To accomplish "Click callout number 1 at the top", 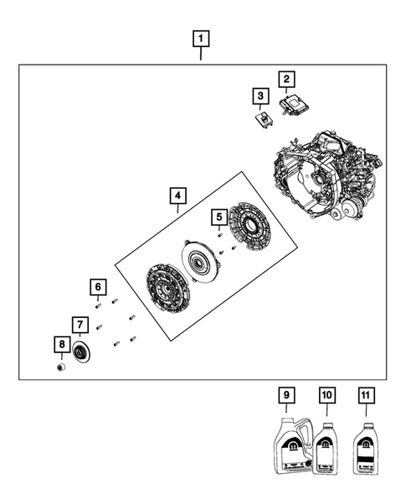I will [x=201, y=38].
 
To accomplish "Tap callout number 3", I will [x=261, y=96].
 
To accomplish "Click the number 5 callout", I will [x=217, y=216].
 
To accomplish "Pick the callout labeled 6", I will [x=99, y=288].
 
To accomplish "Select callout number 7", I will [x=80, y=324].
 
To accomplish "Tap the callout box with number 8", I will [x=60, y=344].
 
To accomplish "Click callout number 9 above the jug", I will [x=285, y=394].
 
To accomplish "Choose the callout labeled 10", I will [x=326, y=394].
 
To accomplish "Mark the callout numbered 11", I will [x=365, y=394].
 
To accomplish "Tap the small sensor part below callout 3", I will [x=262, y=117].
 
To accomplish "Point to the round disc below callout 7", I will [x=82, y=354].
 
